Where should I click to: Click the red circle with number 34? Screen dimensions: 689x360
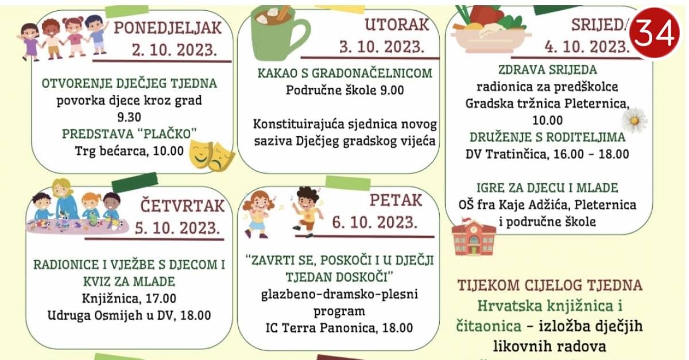654,33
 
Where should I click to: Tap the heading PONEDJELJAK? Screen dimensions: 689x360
168,28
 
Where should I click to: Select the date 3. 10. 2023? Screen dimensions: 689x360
382,47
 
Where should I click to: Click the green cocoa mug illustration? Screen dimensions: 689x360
279,32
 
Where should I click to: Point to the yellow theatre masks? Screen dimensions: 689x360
212,156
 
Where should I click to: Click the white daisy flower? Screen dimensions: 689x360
634,121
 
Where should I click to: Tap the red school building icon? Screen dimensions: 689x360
474,237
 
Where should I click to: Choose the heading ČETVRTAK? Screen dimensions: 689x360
182,206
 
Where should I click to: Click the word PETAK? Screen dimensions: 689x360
396,200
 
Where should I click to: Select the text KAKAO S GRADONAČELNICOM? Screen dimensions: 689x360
345,73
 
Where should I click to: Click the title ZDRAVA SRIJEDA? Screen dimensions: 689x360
548,70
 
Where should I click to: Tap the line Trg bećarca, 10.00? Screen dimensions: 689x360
129,151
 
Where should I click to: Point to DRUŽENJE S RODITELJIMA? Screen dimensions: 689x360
548,137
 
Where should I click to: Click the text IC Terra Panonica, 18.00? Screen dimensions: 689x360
339,328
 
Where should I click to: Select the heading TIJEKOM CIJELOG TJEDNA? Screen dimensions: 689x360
549,285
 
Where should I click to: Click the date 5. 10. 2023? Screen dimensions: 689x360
177,229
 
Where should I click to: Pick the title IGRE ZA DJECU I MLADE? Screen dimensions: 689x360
547,188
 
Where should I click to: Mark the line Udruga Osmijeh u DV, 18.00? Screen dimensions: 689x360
129,315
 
